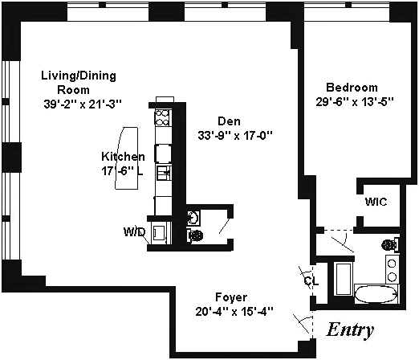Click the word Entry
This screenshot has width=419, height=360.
350,329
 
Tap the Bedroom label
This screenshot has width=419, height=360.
352,88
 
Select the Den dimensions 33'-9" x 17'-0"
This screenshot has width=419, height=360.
235,136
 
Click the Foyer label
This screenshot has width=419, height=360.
231,297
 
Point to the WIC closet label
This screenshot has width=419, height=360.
376,202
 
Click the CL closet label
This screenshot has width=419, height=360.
311,280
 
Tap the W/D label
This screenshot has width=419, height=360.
134,232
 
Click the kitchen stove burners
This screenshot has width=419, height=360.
162,117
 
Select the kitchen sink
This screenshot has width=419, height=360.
164,173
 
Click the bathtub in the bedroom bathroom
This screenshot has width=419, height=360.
376,294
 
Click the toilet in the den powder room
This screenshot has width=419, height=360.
194,235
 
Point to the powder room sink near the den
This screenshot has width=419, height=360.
193,217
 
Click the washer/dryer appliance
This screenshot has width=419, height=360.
161,233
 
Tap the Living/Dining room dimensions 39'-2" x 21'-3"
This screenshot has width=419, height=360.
83,104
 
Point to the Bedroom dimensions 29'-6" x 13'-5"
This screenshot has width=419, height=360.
355,102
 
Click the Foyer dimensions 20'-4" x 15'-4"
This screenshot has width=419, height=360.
234,312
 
